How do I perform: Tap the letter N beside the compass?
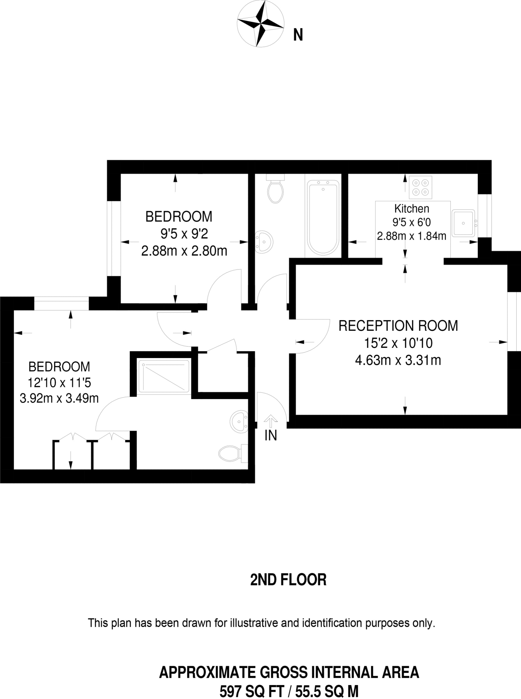point(298,35)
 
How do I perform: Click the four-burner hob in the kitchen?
point(420,187)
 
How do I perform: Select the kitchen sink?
point(463,223)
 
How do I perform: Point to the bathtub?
point(323,218)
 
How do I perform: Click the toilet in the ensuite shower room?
point(231,453)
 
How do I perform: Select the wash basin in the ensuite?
point(239,422)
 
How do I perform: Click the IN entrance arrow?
point(271,422)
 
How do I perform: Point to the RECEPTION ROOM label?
point(398,326)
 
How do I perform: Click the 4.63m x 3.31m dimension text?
point(398,360)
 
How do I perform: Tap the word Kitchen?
point(411,208)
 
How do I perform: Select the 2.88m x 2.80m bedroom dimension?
point(184,251)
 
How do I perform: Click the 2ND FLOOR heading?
point(288,580)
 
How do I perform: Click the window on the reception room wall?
point(514,321)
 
